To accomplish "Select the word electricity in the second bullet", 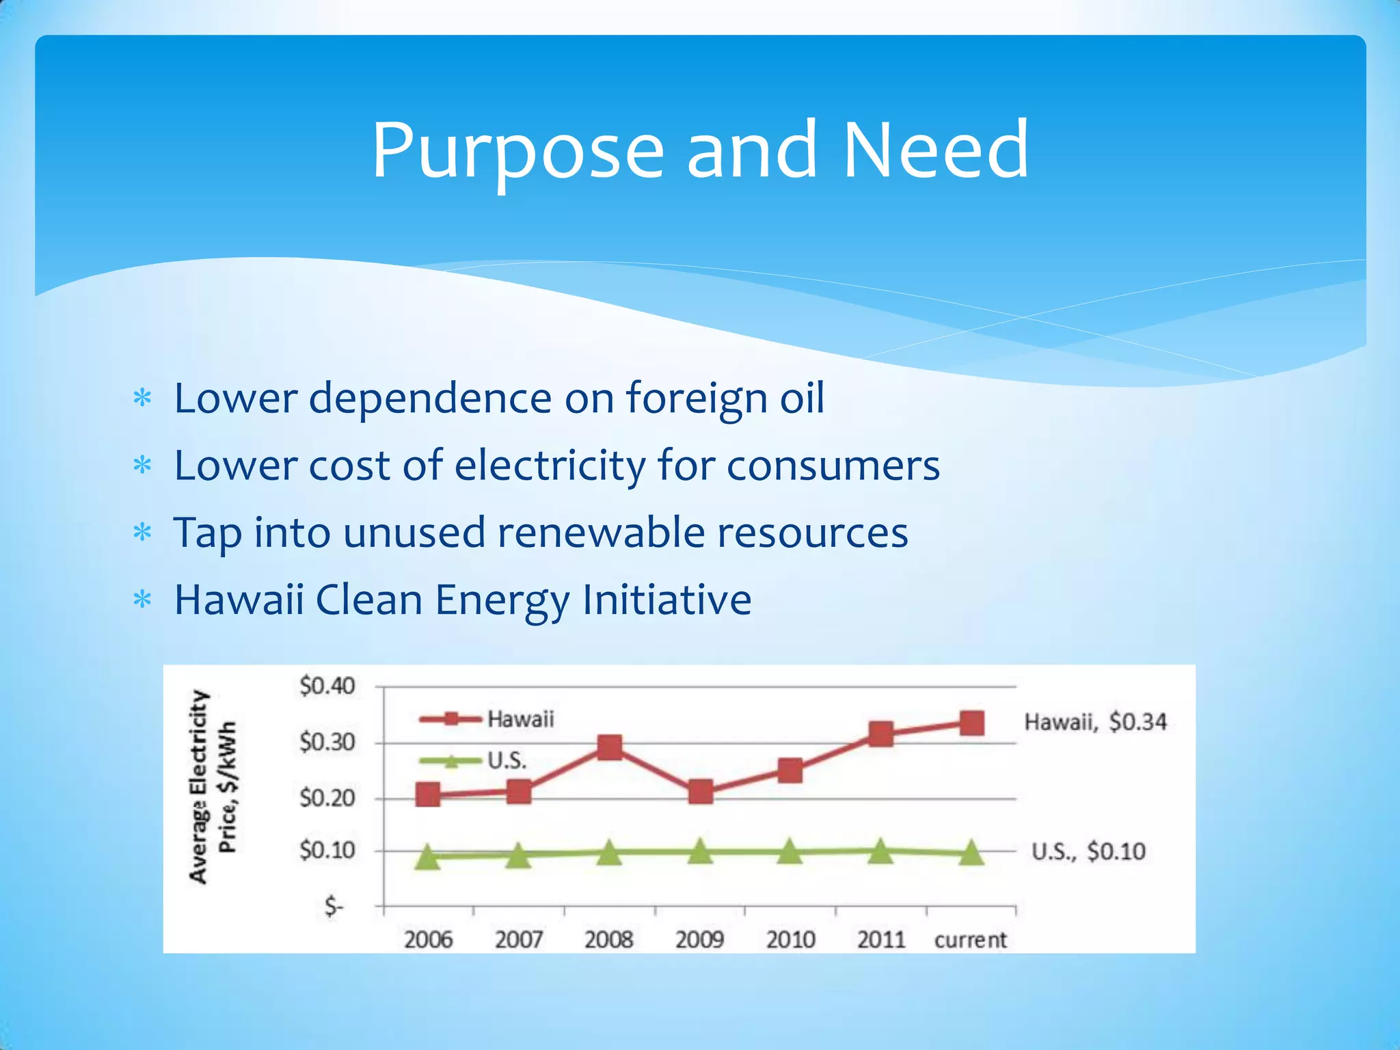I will click(550, 466).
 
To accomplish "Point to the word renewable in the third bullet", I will click(601, 533).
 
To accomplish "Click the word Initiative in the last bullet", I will click(667, 600).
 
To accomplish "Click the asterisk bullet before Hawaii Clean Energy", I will click(142, 601).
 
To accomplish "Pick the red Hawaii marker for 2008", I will click(609, 747).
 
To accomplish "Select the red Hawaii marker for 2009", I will click(700, 792).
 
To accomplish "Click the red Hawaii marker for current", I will click(971, 723).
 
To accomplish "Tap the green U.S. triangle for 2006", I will click(428, 856).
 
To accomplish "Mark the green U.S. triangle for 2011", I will click(880, 851).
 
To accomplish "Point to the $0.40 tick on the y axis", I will click(327, 686).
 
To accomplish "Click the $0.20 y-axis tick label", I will click(327, 798).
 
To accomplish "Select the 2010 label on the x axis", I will click(790, 940).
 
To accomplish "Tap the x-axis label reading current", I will click(970, 940).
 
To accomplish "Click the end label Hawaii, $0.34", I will click(1095, 722).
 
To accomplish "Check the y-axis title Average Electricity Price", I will click(213, 786).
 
